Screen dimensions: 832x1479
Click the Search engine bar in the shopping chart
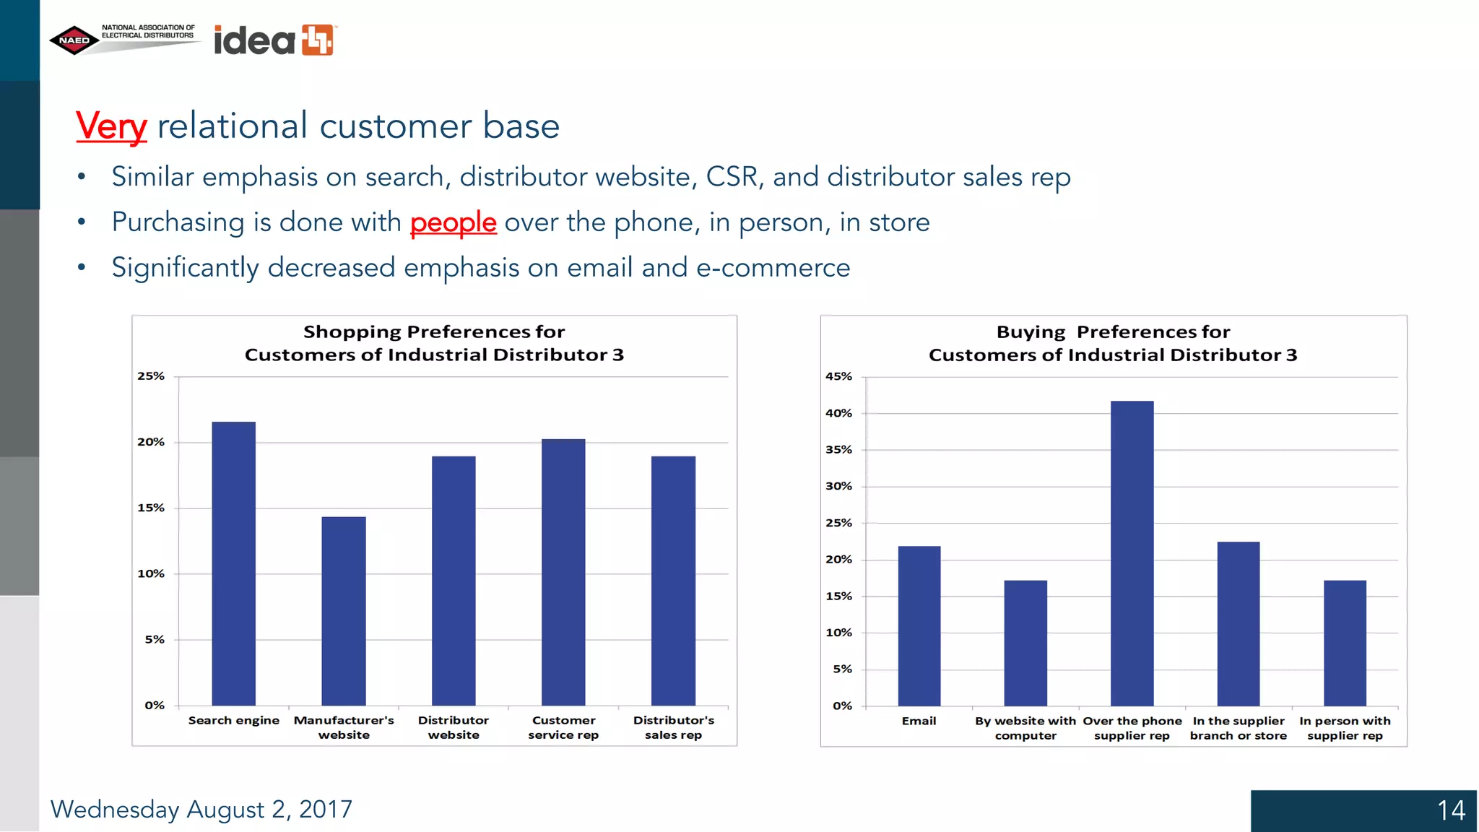(233, 563)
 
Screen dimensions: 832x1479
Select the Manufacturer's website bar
(344, 611)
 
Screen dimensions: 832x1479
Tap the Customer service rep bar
(563, 572)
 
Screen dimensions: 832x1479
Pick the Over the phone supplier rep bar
(1132, 553)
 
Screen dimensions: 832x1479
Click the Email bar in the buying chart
(919, 625)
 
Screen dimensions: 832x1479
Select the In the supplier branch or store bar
(1239, 623)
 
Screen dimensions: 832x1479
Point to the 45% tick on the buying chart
(838, 376)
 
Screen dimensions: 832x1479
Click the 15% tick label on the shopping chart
(151, 508)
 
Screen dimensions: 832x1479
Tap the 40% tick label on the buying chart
(838, 413)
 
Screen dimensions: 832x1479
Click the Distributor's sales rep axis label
(673, 727)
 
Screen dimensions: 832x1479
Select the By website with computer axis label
(1025, 728)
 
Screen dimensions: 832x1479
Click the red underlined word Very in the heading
(111, 126)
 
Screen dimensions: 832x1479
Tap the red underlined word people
(453, 222)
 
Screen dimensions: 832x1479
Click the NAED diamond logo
(74, 40)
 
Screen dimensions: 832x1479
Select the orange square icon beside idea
(318, 40)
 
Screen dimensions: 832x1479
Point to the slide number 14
(1451, 810)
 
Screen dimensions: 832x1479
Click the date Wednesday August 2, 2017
(201, 810)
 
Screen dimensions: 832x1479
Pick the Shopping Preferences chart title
(434, 343)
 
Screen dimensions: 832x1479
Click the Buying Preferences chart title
(1113, 343)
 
